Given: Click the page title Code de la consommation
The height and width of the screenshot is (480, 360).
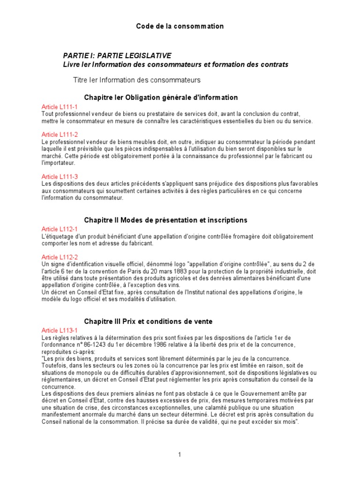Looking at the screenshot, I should pyautogui.click(x=180, y=26).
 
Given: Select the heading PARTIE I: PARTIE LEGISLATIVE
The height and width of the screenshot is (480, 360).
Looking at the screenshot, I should pyautogui.click(x=117, y=55).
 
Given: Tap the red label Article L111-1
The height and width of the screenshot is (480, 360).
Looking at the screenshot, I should pyautogui.click(x=60, y=107).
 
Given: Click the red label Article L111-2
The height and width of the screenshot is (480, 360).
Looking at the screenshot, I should pyautogui.click(x=60, y=135).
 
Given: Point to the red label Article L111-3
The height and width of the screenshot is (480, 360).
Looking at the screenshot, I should pyautogui.click(x=60, y=176).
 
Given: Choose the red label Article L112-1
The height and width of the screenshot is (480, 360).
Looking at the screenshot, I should pyautogui.click(x=60, y=229).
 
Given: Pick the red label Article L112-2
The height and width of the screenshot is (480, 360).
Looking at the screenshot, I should pyautogui.click(x=60, y=257).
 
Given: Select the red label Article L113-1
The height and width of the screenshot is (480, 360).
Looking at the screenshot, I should pyautogui.click(x=60, y=330).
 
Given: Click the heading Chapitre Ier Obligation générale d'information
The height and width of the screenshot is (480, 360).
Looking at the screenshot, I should pyautogui.click(x=161, y=97).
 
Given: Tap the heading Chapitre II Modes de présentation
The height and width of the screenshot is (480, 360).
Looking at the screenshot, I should pyautogui.click(x=165, y=220).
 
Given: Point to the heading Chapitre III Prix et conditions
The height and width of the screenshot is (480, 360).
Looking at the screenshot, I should pyautogui.click(x=148, y=321).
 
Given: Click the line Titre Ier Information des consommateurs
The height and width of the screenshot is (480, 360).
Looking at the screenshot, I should pyautogui.click(x=137, y=80).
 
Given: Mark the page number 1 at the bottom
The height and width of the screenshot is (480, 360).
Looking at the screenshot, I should pyautogui.click(x=180, y=454).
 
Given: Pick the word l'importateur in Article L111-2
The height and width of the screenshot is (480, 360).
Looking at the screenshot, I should pyautogui.click(x=57, y=163).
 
